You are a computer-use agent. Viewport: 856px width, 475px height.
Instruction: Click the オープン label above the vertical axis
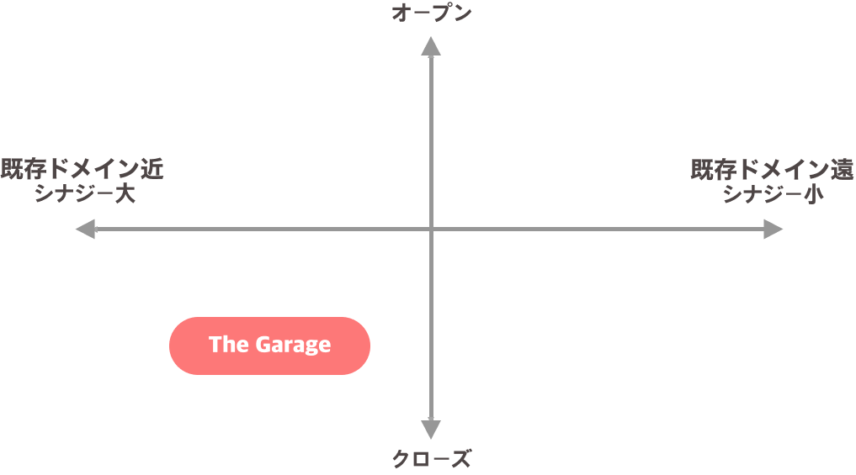coord(431,13)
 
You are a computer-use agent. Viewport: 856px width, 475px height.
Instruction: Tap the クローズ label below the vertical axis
coord(431,459)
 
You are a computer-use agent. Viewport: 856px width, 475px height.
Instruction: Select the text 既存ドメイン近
coord(82,169)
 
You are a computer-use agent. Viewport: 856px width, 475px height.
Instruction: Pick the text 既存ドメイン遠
coord(772,169)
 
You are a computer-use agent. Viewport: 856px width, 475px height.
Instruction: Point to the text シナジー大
coord(85,193)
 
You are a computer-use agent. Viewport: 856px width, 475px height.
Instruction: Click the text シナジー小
coord(774,193)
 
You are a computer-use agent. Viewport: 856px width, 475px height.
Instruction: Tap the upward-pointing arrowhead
coord(431,46)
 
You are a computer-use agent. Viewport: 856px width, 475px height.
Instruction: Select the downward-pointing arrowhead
coord(431,430)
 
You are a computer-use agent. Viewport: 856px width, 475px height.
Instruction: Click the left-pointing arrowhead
coord(85,229)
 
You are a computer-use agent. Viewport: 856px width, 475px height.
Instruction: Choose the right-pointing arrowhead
coord(773,229)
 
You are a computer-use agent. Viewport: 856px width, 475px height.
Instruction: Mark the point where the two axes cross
coord(431,229)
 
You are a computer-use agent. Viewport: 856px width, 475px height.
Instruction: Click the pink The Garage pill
coord(269,346)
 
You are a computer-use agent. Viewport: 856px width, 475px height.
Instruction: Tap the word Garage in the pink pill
coord(293,346)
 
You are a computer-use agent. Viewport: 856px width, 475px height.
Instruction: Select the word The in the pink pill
coord(229,345)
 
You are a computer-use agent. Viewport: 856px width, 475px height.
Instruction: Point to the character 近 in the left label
coord(152,169)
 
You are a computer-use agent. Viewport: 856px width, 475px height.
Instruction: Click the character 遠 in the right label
coord(843,169)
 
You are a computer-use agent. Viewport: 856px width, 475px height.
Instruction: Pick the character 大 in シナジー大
coord(125,193)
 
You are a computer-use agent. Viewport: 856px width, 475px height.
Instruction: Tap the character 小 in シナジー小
coord(814,193)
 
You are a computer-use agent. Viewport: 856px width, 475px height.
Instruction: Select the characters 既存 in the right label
coord(714,169)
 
